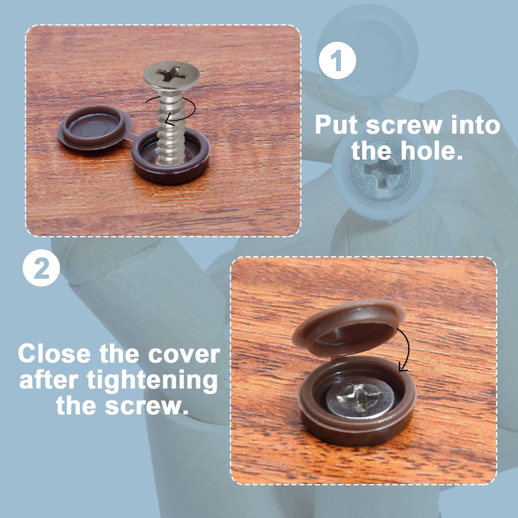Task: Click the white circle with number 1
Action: click(x=337, y=61)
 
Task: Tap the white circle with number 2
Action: click(x=41, y=268)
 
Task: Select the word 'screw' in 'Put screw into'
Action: click(x=404, y=126)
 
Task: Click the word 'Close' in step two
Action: click(x=54, y=354)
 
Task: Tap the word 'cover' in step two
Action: click(x=184, y=355)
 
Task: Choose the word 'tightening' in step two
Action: click(x=152, y=381)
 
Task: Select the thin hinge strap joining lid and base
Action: click(x=132, y=136)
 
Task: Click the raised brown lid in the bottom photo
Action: click(x=348, y=328)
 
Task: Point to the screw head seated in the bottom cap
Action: click(x=361, y=398)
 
